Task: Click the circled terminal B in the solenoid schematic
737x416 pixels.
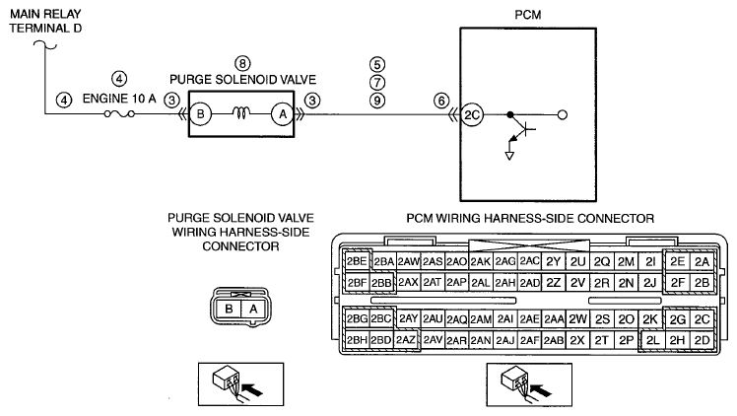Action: pyautogui.click(x=200, y=114)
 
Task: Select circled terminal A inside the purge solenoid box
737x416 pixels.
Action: pyautogui.click(x=283, y=114)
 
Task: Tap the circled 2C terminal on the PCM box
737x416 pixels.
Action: pyautogui.click(x=471, y=114)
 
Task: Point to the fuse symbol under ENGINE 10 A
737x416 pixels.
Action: pyautogui.click(x=119, y=113)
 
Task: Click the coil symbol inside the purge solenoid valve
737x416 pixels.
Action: pyautogui.click(x=241, y=112)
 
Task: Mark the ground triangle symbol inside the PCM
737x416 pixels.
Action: pyautogui.click(x=509, y=156)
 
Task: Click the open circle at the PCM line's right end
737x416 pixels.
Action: pyautogui.click(x=563, y=114)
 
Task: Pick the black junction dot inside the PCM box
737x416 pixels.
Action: pyautogui.click(x=510, y=114)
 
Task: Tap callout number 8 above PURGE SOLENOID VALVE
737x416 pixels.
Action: pyautogui.click(x=242, y=63)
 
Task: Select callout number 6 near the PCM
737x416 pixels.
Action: pyautogui.click(x=440, y=101)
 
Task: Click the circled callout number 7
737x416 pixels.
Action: pyautogui.click(x=377, y=83)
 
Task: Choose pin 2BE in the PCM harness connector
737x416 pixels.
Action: pyautogui.click(x=357, y=261)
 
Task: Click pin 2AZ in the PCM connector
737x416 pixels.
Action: pyautogui.click(x=406, y=340)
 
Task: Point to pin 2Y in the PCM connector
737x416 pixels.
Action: pyautogui.click(x=554, y=262)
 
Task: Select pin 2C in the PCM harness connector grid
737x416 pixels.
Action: pyautogui.click(x=702, y=319)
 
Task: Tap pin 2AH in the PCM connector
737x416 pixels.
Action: pyautogui.click(x=505, y=283)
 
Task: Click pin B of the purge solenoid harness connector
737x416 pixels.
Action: pyautogui.click(x=229, y=309)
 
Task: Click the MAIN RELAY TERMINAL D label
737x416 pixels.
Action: pyautogui.click(x=45, y=21)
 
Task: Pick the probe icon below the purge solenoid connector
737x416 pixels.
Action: pyautogui.click(x=240, y=384)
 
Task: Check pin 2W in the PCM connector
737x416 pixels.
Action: pyautogui.click(x=577, y=319)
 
